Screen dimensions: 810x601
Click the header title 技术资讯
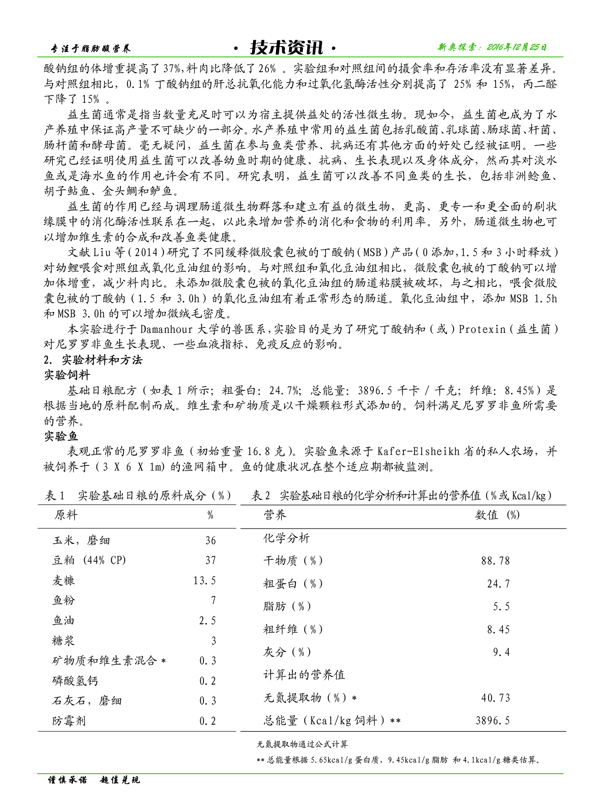click(286, 47)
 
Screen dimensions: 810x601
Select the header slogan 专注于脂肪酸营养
click(90, 49)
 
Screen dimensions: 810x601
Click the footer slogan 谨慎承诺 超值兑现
click(94, 780)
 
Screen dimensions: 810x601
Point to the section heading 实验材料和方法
click(102, 360)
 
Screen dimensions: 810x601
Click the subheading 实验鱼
click(61, 436)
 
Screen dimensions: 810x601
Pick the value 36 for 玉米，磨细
click(211, 540)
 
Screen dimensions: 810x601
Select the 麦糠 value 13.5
click(204, 580)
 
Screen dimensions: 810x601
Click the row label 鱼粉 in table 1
click(64, 600)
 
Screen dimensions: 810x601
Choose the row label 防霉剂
click(69, 721)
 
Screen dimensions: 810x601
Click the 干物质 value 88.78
click(495, 561)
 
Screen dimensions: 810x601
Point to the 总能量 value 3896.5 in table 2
click(493, 720)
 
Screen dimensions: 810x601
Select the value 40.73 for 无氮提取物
click(495, 698)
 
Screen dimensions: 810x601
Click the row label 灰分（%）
click(287, 652)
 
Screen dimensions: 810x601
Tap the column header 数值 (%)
click(497, 515)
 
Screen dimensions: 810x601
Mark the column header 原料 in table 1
click(66, 515)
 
